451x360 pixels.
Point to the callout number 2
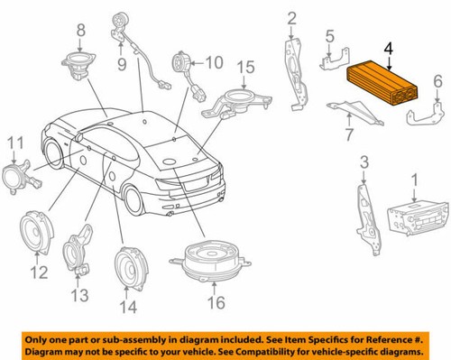[291, 18]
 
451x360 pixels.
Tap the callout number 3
[364, 162]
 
